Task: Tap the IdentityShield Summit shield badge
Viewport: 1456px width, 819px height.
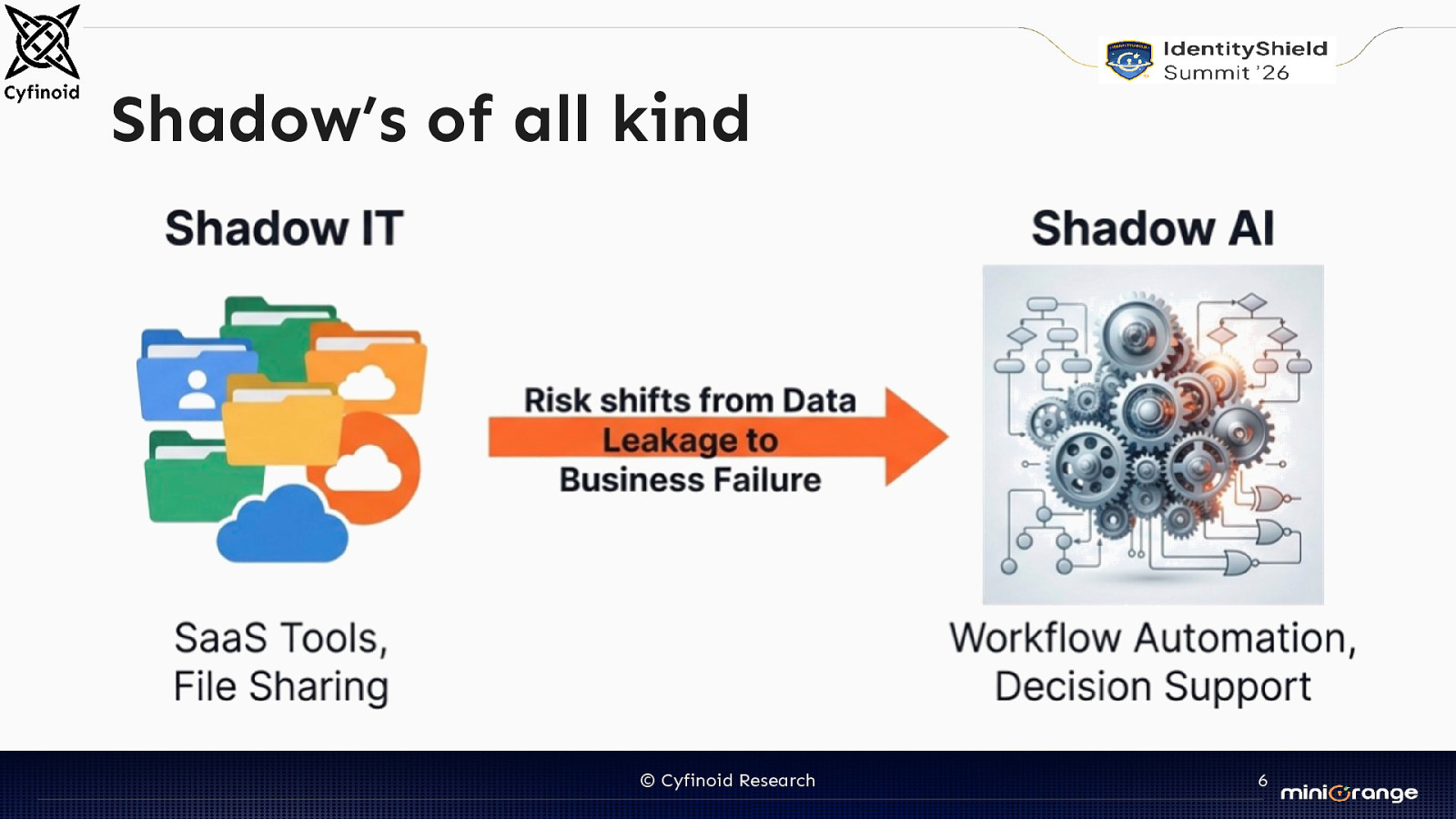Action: pyautogui.click(x=1128, y=60)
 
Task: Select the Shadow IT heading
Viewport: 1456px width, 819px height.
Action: pyautogui.click(x=284, y=228)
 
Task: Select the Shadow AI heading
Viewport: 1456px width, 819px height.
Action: pyautogui.click(x=1152, y=228)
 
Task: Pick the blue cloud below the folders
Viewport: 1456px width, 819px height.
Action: pyautogui.click(x=282, y=525)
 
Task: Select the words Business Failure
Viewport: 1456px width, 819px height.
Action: pyautogui.click(x=690, y=480)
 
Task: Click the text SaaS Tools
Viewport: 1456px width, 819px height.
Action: pyautogui.click(x=280, y=638)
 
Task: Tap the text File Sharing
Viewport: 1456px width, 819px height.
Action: pyautogui.click(x=280, y=687)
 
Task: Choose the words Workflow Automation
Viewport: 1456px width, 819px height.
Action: pyautogui.click(x=1151, y=638)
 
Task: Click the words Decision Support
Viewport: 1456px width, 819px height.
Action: pyautogui.click(x=1152, y=687)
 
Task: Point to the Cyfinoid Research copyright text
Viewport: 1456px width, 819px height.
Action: pyautogui.click(x=728, y=781)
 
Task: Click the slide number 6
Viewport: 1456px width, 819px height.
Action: pyautogui.click(x=1262, y=781)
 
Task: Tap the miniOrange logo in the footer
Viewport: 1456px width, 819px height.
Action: pyautogui.click(x=1349, y=793)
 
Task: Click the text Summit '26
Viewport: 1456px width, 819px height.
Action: pyautogui.click(x=1226, y=73)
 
